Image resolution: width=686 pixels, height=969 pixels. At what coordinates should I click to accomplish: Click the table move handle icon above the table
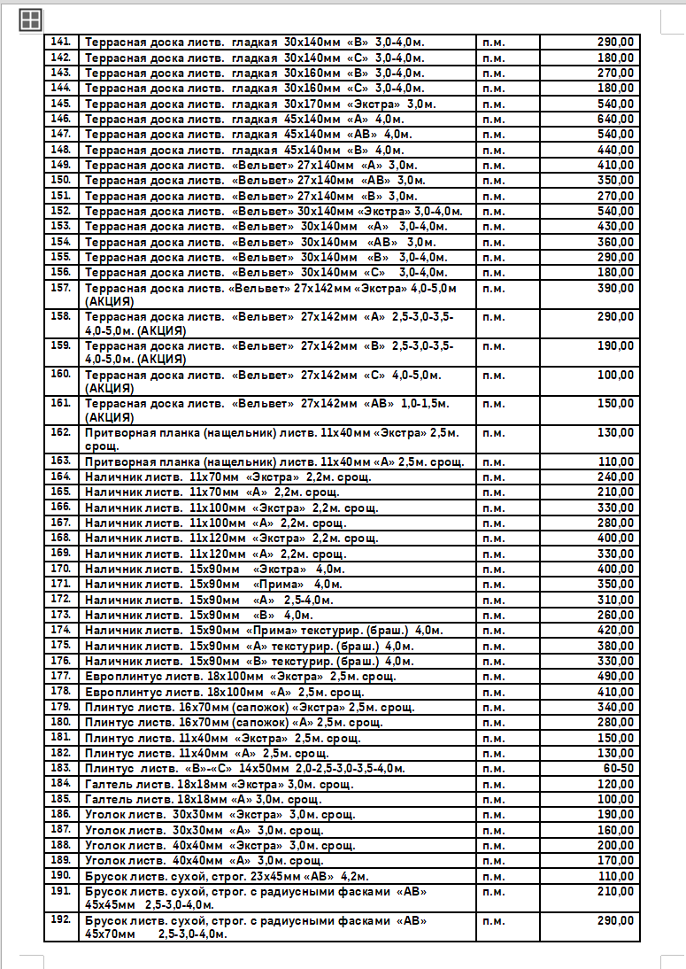(x=30, y=20)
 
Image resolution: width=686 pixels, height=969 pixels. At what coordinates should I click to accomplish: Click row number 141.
(x=60, y=42)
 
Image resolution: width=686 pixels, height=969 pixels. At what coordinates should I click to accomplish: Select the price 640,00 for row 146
(x=615, y=119)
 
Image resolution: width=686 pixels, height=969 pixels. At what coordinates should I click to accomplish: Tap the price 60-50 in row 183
(x=617, y=769)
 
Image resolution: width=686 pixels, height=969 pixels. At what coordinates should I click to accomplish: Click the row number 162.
(x=60, y=432)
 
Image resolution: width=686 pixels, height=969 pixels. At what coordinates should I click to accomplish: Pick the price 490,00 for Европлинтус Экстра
(x=615, y=677)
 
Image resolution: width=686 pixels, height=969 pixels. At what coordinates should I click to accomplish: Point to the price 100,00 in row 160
(x=615, y=375)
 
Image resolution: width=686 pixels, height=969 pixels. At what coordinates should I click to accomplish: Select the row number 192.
(x=60, y=920)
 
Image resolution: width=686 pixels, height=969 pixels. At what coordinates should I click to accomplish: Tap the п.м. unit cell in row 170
(x=494, y=569)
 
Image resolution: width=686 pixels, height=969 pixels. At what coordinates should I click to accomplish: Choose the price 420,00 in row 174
(x=615, y=631)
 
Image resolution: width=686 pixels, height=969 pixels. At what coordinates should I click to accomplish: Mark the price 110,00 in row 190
(x=615, y=876)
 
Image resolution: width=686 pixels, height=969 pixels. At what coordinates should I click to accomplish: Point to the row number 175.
(x=60, y=645)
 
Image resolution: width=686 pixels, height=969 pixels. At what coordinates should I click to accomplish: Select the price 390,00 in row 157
(x=615, y=289)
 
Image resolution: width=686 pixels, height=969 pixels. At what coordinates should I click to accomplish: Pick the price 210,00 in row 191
(x=615, y=891)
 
